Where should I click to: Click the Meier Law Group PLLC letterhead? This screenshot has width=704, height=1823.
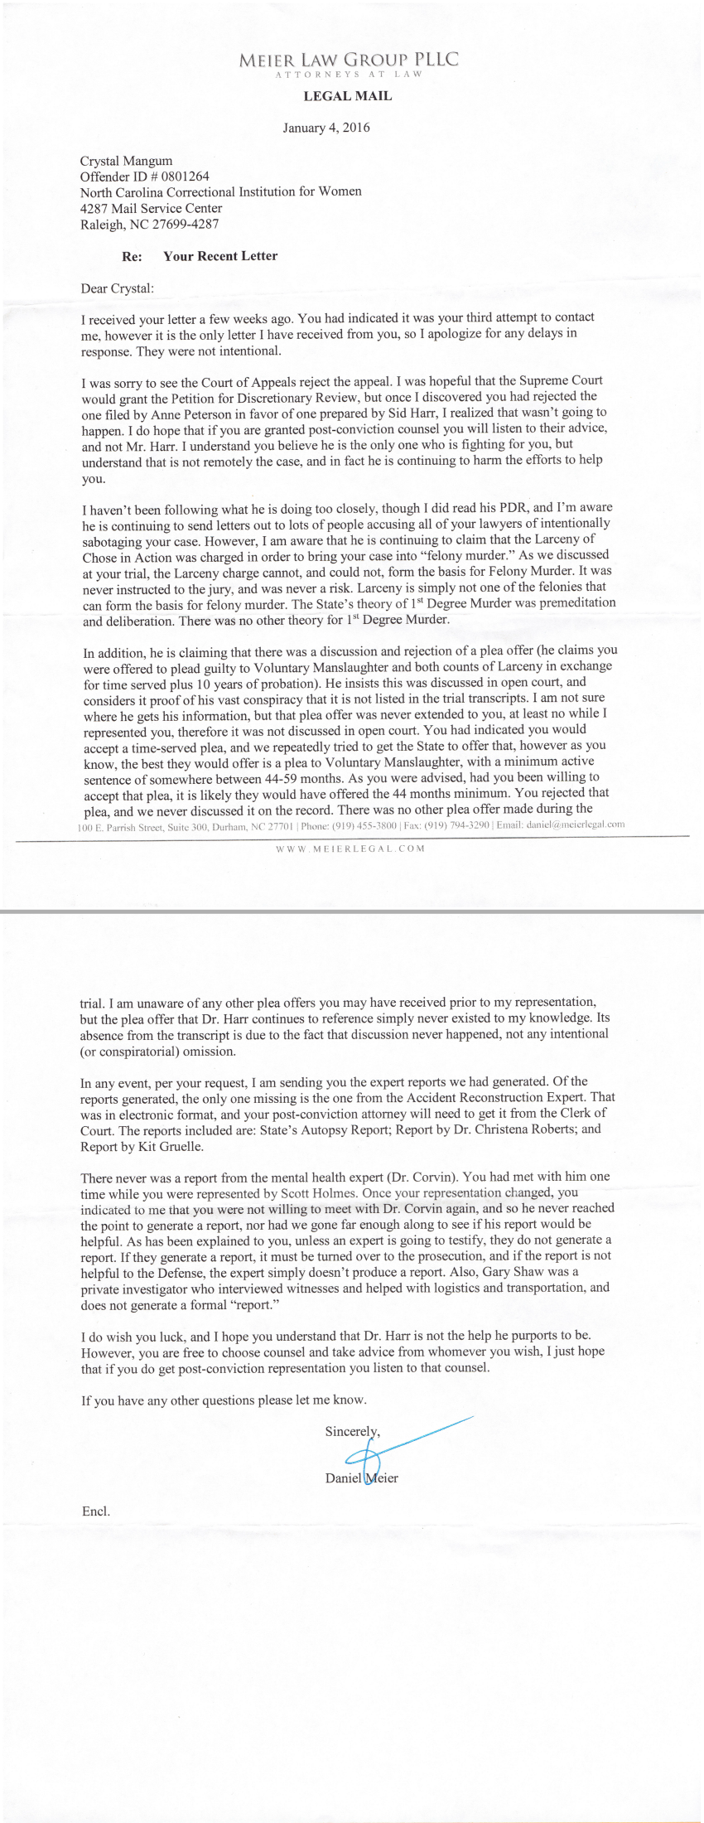point(348,60)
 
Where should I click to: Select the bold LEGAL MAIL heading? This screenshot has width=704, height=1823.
point(348,96)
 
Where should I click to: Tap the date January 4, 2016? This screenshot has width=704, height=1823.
point(326,128)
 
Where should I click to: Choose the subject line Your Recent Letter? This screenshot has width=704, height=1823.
point(220,256)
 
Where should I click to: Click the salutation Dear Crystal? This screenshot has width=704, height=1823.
point(117,288)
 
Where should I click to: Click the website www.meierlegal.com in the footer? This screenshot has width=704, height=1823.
point(350,848)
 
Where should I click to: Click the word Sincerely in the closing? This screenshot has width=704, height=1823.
point(352,1431)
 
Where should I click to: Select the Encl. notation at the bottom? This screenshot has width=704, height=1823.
point(96,1511)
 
